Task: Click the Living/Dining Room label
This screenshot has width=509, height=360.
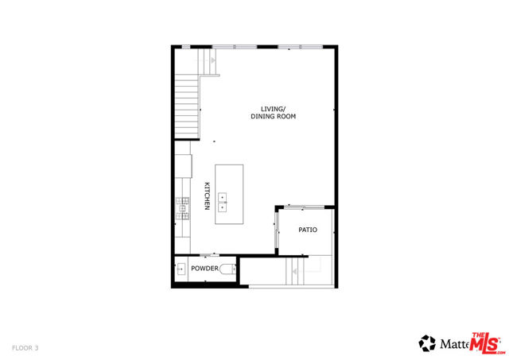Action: tap(273, 112)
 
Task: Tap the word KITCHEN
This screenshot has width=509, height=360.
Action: tap(207, 195)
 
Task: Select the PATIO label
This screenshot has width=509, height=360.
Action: tap(308, 230)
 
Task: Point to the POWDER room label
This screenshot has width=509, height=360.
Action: tap(204, 269)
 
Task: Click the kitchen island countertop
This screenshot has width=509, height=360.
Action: tap(229, 188)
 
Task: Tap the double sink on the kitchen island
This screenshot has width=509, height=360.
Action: tap(223, 202)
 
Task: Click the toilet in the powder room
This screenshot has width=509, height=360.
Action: tap(229, 269)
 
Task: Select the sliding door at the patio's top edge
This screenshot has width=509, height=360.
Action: tap(305, 207)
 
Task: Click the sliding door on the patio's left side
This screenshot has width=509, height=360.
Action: tap(277, 230)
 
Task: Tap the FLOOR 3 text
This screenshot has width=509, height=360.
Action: tap(25, 348)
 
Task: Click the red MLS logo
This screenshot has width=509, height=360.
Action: tap(488, 343)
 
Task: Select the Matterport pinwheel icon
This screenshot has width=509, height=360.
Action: tap(429, 343)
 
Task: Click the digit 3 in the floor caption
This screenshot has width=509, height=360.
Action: tap(36, 348)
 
